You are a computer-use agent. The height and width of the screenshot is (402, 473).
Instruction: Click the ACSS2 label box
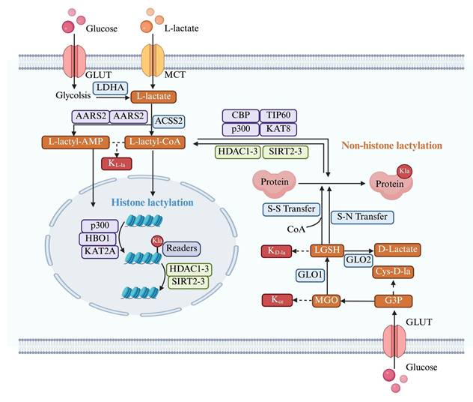point(168,120)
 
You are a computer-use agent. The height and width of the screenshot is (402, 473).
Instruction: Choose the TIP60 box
point(280,115)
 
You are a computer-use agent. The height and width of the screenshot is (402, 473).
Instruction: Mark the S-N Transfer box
point(357,216)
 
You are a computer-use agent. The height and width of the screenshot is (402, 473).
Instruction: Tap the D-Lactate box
point(397,249)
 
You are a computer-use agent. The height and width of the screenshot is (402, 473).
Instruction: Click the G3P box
point(397,301)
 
